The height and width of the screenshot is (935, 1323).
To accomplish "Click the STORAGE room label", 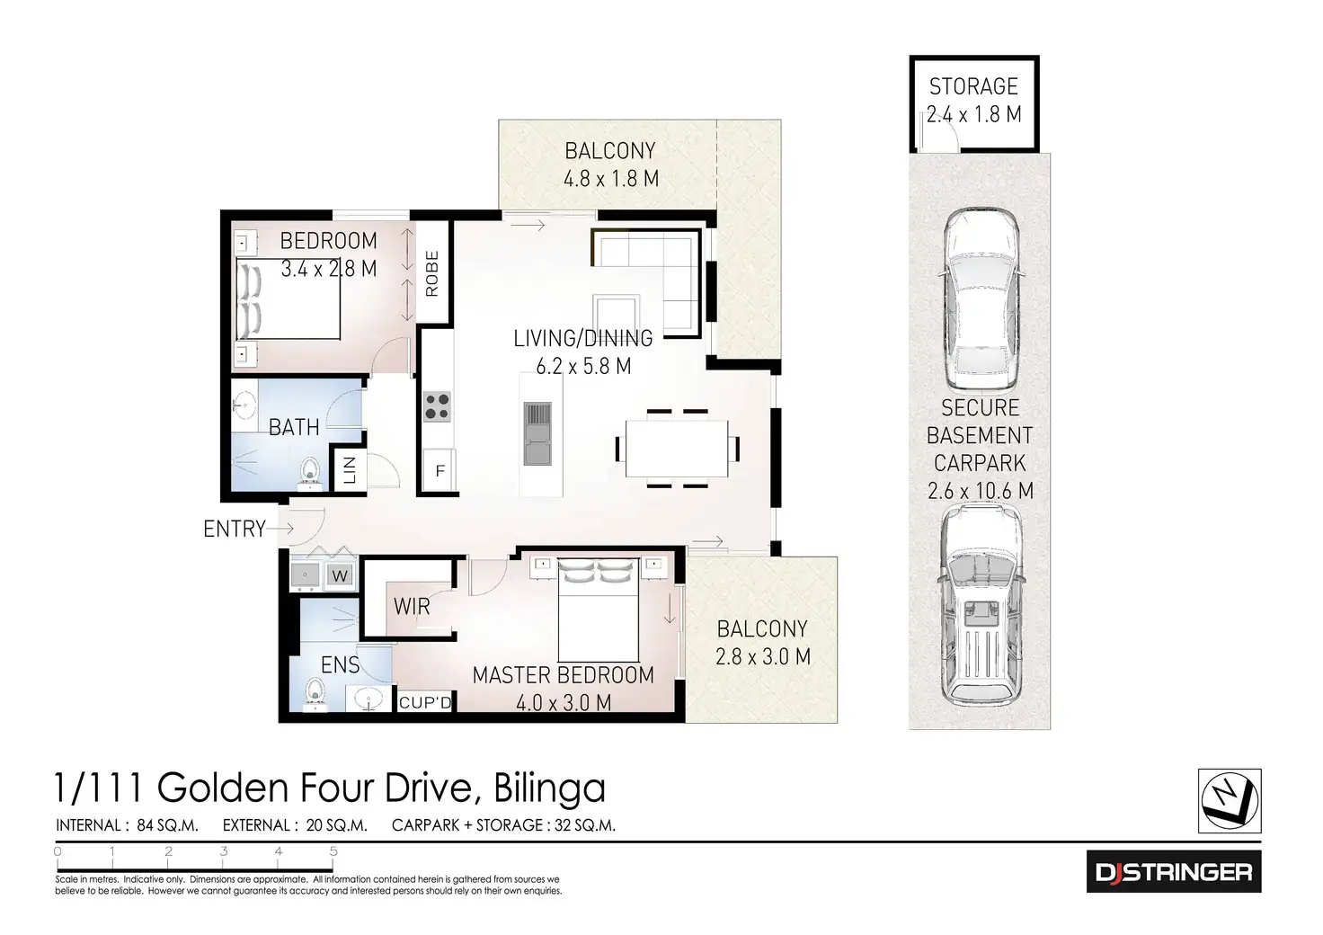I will (973, 86).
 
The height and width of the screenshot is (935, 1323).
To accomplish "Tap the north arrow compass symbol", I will (1230, 800).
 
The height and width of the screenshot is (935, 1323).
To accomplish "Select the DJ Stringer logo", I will (1174, 871).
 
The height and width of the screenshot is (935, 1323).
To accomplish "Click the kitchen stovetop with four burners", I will (438, 407).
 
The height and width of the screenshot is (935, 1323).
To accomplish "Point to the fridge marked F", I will (440, 471).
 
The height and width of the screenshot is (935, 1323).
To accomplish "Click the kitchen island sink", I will (537, 433).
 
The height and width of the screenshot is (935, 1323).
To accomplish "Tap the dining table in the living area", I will (677, 448).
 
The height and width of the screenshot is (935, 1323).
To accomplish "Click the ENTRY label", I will (235, 529).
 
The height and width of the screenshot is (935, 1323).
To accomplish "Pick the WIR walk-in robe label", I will (412, 607).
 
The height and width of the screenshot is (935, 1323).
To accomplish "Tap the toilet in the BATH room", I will (309, 474).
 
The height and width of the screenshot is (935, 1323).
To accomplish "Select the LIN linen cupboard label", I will (350, 469).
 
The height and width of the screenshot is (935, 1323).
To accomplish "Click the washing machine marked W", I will (340, 575).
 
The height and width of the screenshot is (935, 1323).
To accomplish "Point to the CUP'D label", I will (425, 702).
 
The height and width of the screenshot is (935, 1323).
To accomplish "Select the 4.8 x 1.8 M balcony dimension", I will (611, 179).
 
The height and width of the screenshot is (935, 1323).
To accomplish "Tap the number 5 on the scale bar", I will (333, 850).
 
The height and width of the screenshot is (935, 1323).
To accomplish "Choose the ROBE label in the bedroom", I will (432, 273).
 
